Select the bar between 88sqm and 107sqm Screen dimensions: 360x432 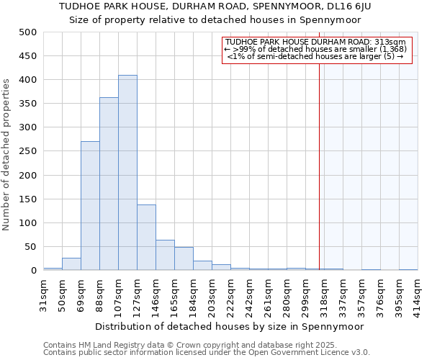coord(109,184)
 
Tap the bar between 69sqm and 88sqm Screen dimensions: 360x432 coord(90,206)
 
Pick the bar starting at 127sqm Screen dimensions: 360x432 coord(146,238)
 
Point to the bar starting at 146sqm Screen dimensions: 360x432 coord(165,256)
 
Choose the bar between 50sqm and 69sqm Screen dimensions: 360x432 coord(71,264)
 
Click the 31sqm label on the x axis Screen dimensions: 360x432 coord(43,293)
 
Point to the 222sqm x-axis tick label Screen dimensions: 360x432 coord(230,293)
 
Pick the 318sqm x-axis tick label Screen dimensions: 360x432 coord(324,293)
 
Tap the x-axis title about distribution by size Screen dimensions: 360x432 coord(229,326)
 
